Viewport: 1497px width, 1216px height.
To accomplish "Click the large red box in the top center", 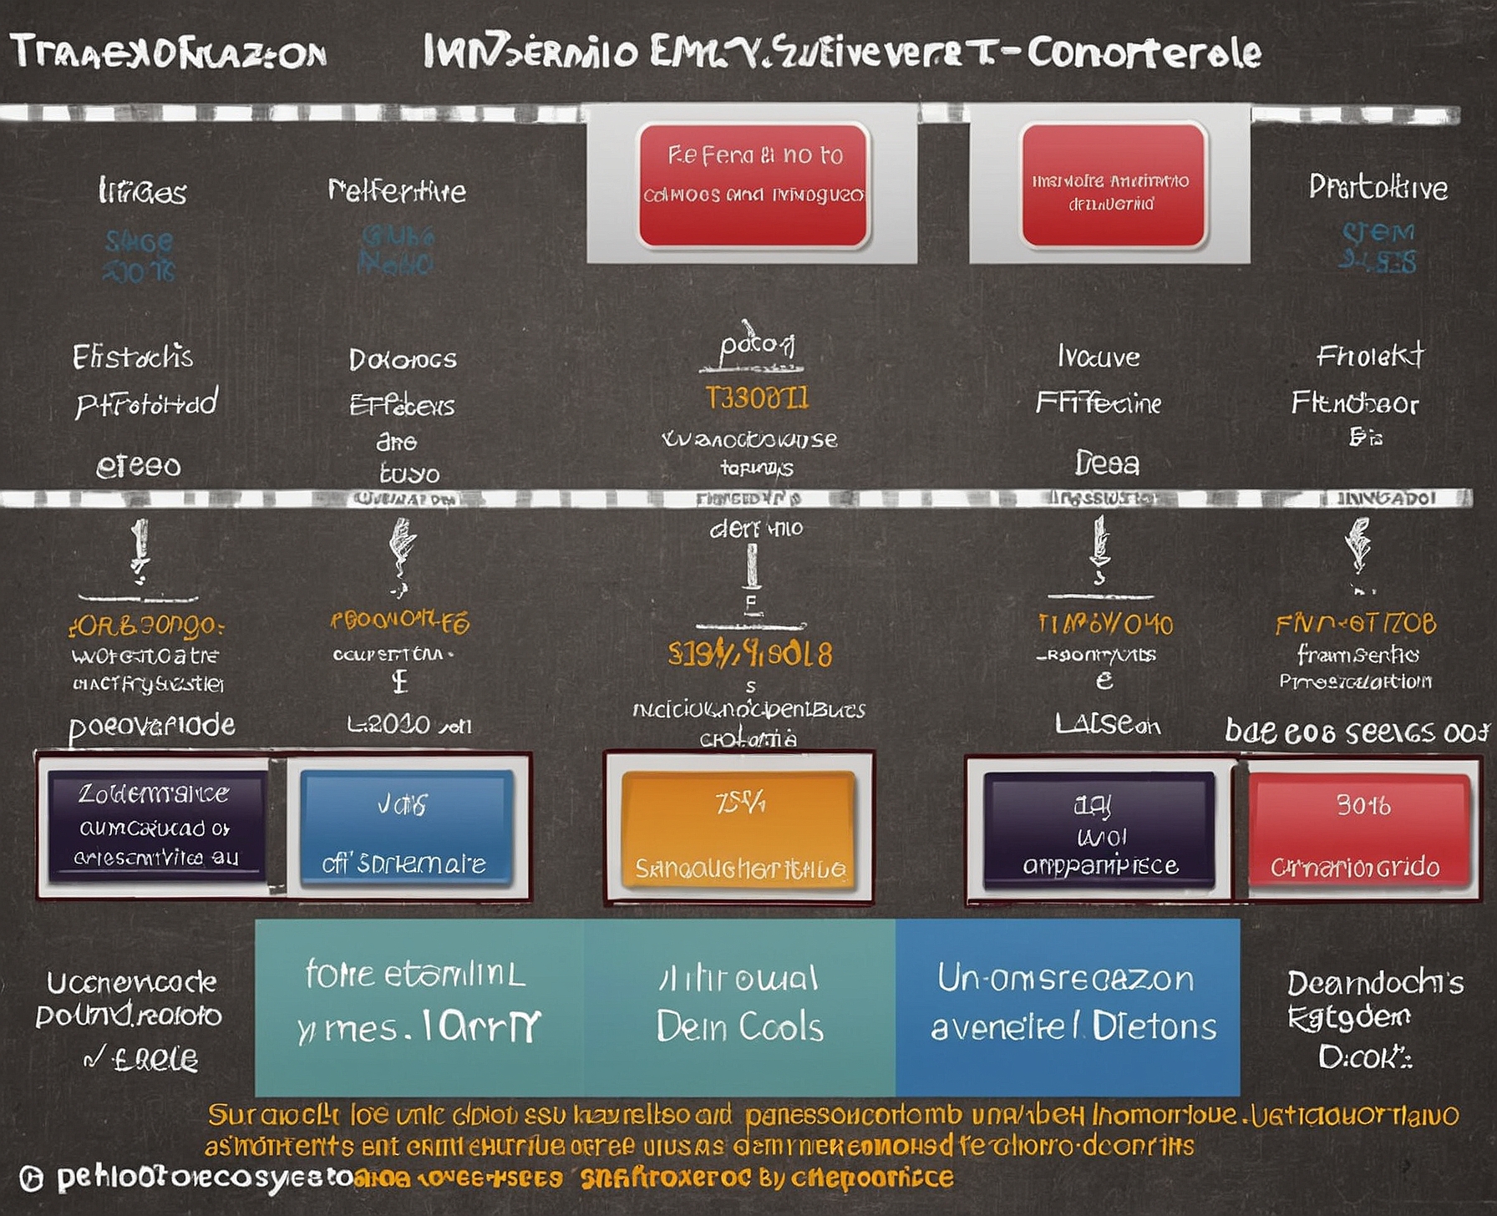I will point(754,185).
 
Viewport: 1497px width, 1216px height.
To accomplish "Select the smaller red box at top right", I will point(1113,185).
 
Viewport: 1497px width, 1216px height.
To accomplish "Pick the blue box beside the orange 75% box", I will point(406,827).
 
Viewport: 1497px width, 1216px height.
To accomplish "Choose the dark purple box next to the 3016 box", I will point(1099,828).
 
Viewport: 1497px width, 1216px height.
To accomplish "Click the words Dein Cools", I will point(739,1026).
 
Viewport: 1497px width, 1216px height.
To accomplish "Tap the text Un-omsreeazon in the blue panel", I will point(1065,978).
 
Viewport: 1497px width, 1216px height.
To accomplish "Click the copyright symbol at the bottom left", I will point(31,1178).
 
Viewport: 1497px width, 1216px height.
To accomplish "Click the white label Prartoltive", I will point(1378,187).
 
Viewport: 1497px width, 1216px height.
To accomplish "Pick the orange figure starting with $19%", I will point(749,654).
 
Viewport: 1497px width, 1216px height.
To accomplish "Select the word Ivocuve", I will point(1099,357).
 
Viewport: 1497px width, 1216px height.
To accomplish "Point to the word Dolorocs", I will point(403,360).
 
